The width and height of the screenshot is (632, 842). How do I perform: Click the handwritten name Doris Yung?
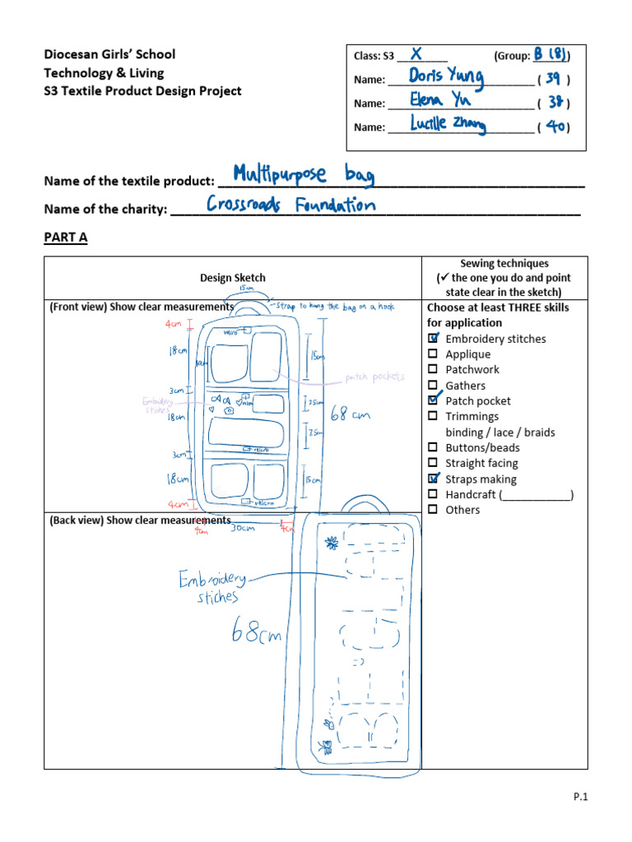tap(446, 77)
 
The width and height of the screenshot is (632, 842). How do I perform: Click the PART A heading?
tap(65, 238)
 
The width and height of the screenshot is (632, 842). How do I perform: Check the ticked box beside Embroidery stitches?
tap(434, 339)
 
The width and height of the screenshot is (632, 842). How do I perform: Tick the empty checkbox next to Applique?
tap(434, 354)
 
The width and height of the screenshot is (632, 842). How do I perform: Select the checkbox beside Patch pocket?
tap(434, 400)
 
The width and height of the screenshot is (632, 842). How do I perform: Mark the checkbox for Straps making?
tap(434, 479)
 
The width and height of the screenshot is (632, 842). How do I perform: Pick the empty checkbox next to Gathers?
tap(434, 385)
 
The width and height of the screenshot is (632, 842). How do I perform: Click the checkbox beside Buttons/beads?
tap(434, 447)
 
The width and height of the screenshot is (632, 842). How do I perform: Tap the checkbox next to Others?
tap(434, 510)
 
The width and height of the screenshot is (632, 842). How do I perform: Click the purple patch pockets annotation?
tap(375, 377)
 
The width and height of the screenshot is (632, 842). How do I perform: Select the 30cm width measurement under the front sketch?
tap(241, 528)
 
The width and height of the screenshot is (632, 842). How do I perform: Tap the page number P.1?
tap(583, 796)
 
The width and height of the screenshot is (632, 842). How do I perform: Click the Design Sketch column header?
tap(233, 278)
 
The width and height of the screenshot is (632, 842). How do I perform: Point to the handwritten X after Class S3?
tap(416, 54)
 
